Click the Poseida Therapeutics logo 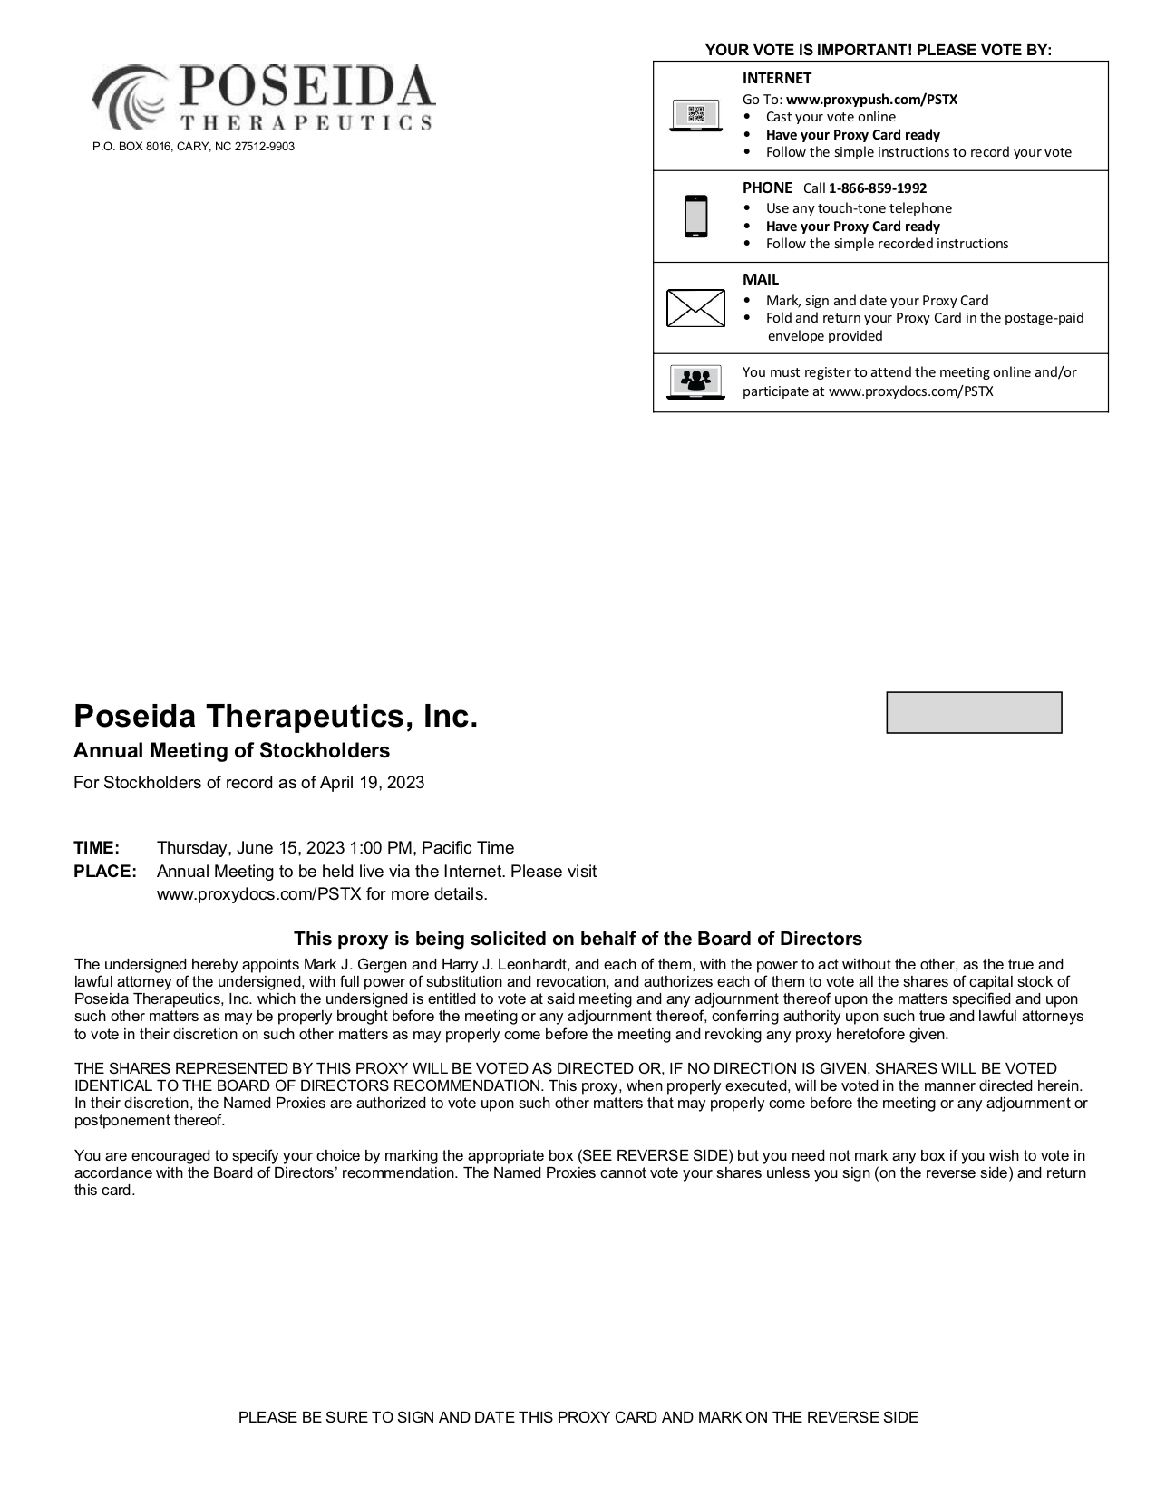click(x=263, y=98)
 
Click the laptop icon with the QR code click(x=695, y=116)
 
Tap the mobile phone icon click(x=695, y=217)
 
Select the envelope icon click(x=695, y=308)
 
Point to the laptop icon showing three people click(x=695, y=381)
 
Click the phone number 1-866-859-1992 click(x=877, y=188)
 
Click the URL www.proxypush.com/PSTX click(x=871, y=100)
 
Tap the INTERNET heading click(x=776, y=79)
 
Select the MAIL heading click(x=760, y=280)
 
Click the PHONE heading click(x=767, y=188)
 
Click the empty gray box click(x=973, y=712)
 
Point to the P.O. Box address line click(x=193, y=147)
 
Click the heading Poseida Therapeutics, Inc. click(x=275, y=717)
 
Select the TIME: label click(x=96, y=848)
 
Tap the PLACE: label click(x=105, y=872)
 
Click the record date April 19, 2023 click(x=372, y=783)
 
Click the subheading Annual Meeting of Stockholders click(x=231, y=751)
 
